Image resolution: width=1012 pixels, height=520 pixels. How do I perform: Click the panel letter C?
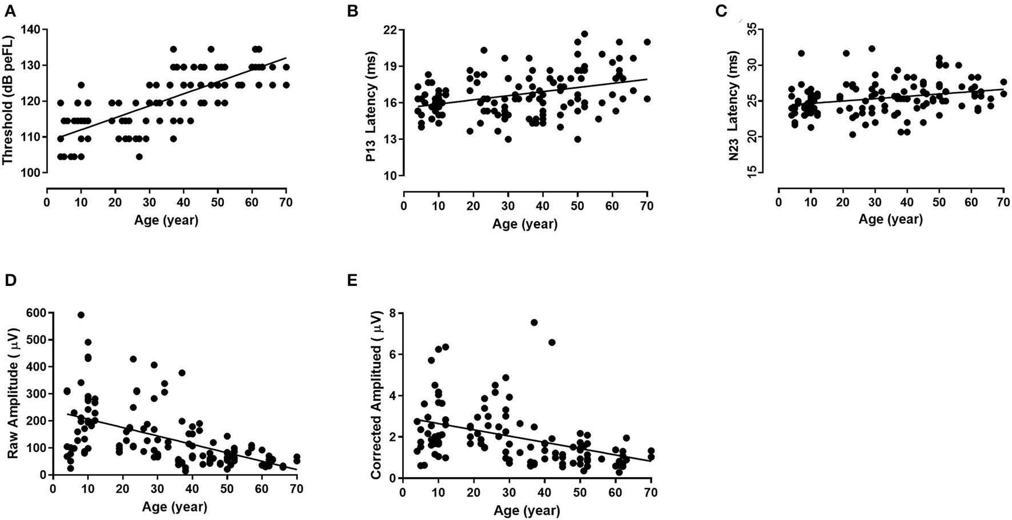(721, 11)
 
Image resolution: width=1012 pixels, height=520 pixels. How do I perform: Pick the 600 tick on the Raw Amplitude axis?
(38, 313)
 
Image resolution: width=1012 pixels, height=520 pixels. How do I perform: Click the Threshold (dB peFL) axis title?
(8, 100)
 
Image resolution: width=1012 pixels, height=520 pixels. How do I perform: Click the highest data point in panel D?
(81, 315)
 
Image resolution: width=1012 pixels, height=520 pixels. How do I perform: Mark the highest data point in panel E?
(534, 323)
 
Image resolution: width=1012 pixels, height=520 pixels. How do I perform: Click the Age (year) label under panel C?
(890, 218)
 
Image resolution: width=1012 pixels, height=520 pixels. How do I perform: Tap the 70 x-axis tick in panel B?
(646, 207)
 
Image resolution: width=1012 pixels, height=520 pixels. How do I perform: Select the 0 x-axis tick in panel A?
(47, 203)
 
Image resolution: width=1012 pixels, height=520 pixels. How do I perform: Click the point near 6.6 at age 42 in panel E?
(552, 342)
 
